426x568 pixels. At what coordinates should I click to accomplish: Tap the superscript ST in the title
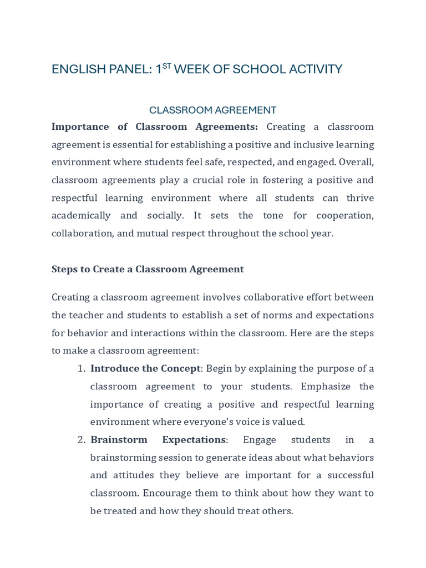tap(166, 66)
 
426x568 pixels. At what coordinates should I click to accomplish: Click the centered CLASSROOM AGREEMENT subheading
tap(212, 110)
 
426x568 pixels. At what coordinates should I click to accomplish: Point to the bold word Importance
tap(80, 126)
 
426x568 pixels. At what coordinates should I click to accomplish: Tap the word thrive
tap(359, 197)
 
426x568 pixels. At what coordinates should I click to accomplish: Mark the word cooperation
tap(345, 215)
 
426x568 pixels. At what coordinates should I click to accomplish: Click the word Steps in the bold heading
tap(64, 269)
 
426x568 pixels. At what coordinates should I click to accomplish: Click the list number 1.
tap(80, 368)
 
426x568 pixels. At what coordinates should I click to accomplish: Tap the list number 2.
tap(80, 439)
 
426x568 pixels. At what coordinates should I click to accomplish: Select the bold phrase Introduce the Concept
tap(145, 368)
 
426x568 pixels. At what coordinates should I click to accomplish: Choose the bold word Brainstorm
tap(119, 439)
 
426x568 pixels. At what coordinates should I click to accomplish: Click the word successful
tap(343, 475)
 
